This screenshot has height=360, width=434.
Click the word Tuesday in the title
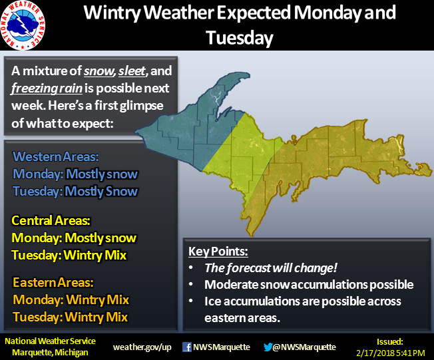(240, 38)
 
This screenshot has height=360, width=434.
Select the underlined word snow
(99, 71)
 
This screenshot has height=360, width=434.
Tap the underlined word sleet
(132, 71)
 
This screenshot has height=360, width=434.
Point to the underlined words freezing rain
(47, 89)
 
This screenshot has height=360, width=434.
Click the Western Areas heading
(56, 156)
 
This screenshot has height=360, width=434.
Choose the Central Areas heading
(51, 220)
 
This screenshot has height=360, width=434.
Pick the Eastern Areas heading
(53, 283)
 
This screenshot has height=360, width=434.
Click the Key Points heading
(218, 252)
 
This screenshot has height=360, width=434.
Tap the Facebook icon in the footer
(187, 347)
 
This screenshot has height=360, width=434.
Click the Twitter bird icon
(268, 347)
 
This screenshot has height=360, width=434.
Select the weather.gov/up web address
(142, 347)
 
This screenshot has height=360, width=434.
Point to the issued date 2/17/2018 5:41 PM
(391, 353)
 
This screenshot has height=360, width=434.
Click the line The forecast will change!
(271, 268)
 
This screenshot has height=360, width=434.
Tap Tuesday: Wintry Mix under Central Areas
(69, 255)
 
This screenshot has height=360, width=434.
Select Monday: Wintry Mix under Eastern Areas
(71, 300)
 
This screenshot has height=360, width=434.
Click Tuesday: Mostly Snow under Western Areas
(75, 191)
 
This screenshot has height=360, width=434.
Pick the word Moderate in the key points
(231, 285)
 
